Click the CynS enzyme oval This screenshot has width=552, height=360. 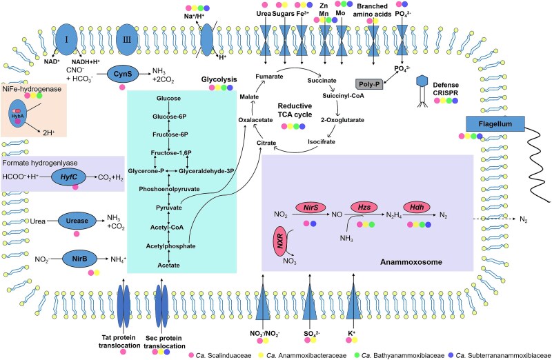click(x=123, y=74)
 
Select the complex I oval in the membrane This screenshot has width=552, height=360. click(x=66, y=39)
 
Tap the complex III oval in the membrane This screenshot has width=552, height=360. click(x=127, y=39)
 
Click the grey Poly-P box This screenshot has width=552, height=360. click(x=368, y=84)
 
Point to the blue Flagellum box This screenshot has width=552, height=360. click(x=495, y=124)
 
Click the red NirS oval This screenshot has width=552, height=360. click(x=310, y=208)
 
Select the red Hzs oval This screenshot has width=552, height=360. click(x=364, y=208)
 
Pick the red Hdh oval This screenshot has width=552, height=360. click(x=417, y=208)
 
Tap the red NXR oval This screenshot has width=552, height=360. click(x=280, y=243)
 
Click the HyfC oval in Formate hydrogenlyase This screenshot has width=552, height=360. click(x=68, y=177)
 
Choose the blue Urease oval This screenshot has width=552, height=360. click(x=77, y=221)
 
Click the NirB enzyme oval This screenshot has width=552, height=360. click(x=79, y=259)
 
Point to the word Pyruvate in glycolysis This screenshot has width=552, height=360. click(x=169, y=208)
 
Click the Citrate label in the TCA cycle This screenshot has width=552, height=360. click(x=266, y=143)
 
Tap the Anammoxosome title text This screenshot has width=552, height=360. click(x=411, y=262)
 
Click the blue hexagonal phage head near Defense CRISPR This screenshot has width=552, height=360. click(x=422, y=81)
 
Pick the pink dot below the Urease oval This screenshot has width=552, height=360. click(x=77, y=234)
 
